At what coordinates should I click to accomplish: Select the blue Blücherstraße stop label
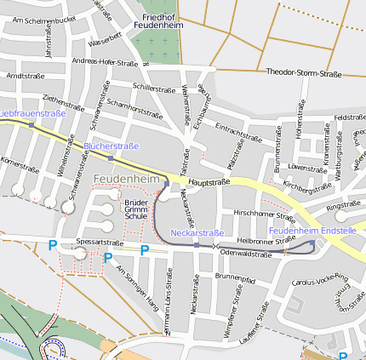click(x=112, y=146)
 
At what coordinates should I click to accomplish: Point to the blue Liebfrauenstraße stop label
click(x=32, y=113)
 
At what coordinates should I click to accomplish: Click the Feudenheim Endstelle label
click(x=312, y=231)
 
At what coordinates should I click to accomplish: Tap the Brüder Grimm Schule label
click(x=135, y=208)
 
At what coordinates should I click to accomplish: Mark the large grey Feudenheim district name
click(x=127, y=179)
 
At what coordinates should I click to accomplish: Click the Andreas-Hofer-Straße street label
click(x=106, y=61)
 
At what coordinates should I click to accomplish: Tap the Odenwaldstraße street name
click(x=245, y=253)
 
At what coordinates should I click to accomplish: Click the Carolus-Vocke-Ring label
click(x=320, y=280)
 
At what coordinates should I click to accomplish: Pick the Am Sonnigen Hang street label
click(x=136, y=287)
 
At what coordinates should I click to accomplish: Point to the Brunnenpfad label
click(x=235, y=277)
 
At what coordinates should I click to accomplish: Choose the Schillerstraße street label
click(x=153, y=87)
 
